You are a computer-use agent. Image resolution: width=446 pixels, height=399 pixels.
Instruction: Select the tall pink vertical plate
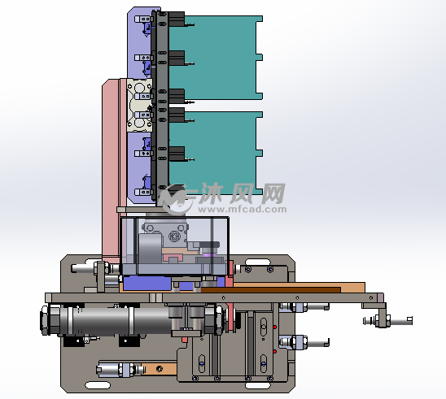(x=111, y=171)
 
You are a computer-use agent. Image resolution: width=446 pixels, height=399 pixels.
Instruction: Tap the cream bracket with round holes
(x=139, y=105)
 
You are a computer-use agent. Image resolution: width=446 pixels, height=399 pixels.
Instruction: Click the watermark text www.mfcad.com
(x=243, y=210)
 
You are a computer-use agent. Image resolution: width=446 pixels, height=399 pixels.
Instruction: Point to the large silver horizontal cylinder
(x=120, y=321)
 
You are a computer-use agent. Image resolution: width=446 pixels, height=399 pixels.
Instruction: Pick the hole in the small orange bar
(x=160, y=369)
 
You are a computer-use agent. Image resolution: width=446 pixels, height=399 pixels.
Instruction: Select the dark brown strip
(x=271, y=290)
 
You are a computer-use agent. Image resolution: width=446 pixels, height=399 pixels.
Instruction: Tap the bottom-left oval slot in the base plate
(x=98, y=385)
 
